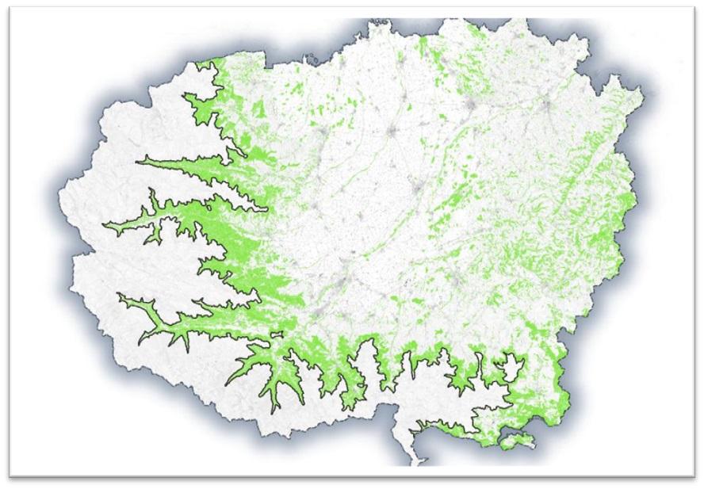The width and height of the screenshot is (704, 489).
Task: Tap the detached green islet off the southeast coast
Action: pos(516,437)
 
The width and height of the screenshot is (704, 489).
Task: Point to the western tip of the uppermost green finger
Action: pos(140,162)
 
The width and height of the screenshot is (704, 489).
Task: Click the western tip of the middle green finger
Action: pos(105,224)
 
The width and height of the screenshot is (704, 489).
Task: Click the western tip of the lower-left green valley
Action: pos(119,295)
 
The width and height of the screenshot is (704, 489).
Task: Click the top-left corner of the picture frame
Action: pos(10,8)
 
